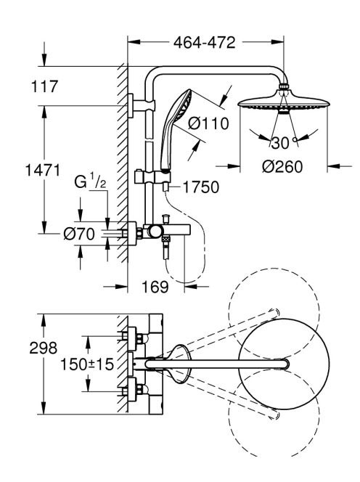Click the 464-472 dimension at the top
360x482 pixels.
204,42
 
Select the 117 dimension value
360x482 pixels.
44,86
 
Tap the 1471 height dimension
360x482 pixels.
42,171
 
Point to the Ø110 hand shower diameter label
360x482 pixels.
208,123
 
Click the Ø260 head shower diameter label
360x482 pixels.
282,167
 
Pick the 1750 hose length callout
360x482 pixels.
201,187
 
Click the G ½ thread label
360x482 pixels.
91,181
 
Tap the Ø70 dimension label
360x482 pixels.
79,234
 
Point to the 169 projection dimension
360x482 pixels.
155,287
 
